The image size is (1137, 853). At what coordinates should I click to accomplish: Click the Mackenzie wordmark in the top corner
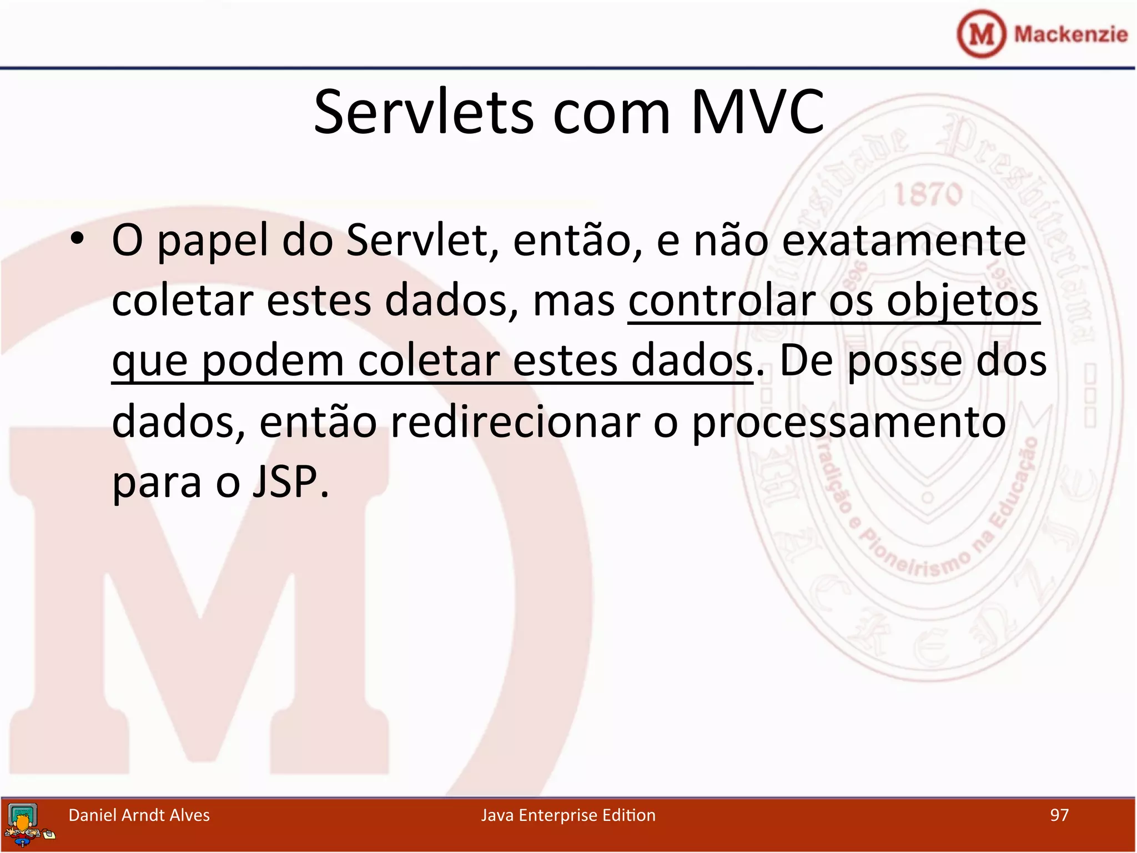1070,34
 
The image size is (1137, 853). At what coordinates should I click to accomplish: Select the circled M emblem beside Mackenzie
981,34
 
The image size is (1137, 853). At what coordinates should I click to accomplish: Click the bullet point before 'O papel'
77,239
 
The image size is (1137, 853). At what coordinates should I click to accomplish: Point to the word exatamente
904,242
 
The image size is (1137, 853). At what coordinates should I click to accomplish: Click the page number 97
1059,815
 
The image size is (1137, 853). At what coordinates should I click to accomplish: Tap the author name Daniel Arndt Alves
139,815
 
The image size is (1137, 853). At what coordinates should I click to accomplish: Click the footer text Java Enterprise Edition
568,815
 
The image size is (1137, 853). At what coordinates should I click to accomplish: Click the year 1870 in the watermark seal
928,195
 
